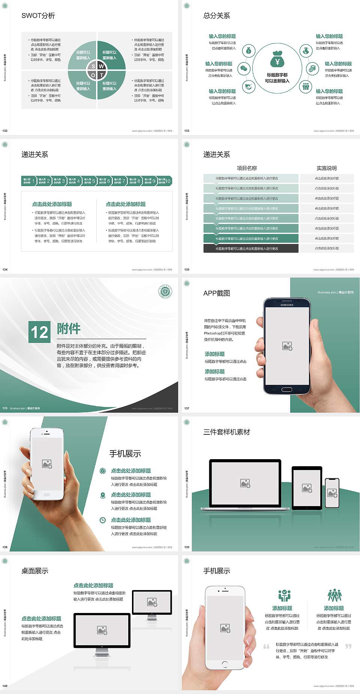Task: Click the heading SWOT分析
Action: (x=38, y=16)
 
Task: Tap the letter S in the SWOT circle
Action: (x=93, y=66)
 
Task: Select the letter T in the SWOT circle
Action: (x=102, y=75)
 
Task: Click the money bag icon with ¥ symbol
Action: (x=277, y=61)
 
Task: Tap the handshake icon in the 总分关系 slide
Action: (x=248, y=87)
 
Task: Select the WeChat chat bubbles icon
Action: (x=244, y=69)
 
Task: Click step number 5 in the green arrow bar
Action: (x=94, y=181)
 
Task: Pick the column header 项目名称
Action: (x=247, y=168)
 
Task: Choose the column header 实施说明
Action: (x=327, y=168)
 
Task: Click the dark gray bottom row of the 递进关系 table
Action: (x=251, y=248)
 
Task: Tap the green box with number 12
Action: (x=39, y=332)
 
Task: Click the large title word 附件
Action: (x=69, y=329)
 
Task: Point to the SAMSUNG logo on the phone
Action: (x=287, y=305)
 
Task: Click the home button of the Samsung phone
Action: (x=287, y=389)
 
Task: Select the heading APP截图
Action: (x=216, y=293)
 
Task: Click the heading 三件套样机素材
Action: (x=226, y=432)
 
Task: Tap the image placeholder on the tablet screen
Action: (x=307, y=488)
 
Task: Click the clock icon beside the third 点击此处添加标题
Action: (x=102, y=520)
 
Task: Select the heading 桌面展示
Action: (x=35, y=571)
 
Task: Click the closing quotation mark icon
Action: (x=348, y=646)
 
